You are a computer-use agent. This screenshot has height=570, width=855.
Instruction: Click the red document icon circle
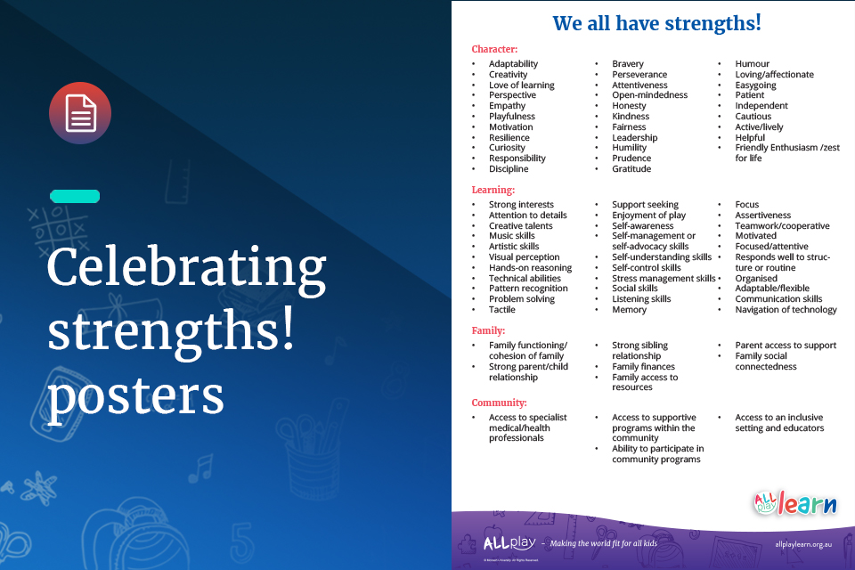(x=80, y=113)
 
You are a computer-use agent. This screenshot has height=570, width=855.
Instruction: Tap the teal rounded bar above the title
(x=75, y=196)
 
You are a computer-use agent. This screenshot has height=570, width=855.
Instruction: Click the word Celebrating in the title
(x=186, y=268)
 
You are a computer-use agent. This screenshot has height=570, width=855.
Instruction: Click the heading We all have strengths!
(x=656, y=23)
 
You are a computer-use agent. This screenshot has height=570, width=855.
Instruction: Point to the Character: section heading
(x=494, y=49)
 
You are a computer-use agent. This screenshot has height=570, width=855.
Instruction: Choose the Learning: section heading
(x=493, y=191)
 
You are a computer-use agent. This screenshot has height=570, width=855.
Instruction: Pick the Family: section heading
(x=489, y=330)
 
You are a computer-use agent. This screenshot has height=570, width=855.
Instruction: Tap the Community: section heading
(x=500, y=403)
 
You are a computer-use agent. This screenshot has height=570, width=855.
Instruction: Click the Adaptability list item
(x=513, y=64)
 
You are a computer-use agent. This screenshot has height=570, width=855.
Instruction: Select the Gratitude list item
(x=631, y=169)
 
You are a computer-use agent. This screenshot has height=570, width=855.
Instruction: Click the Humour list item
(x=752, y=64)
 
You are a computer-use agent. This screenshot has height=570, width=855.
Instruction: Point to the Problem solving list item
(x=522, y=299)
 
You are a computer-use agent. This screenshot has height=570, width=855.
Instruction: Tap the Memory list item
(x=630, y=310)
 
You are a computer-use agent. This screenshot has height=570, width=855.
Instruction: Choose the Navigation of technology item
(x=786, y=310)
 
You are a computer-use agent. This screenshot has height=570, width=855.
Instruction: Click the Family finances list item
(x=643, y=367)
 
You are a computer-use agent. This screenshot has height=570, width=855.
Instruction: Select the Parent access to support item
(x=786, y=346)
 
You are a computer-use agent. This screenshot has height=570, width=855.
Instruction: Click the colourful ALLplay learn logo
(x=795, y=503)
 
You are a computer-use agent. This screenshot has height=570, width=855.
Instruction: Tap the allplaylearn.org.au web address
(x=803, y=544)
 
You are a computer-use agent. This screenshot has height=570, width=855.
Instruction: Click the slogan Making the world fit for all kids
(x=604, y=543)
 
